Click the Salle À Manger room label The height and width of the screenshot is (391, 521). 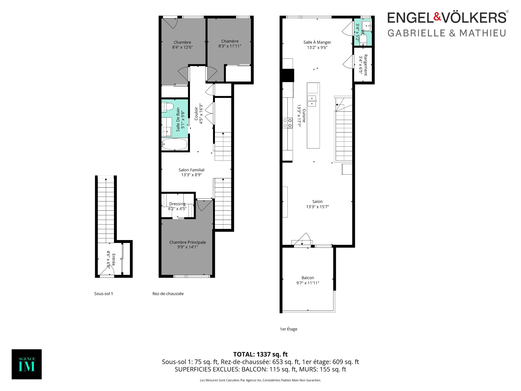(317, 42)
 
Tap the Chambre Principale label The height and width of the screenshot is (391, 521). (188, 242)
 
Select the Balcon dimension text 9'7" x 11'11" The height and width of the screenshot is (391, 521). (307, 283)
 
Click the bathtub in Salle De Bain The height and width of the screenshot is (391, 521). (174, 144)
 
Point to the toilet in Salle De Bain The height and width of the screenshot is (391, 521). (167, 107)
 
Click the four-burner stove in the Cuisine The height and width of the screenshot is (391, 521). (288, 123)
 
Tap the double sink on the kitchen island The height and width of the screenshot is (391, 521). (312, 101)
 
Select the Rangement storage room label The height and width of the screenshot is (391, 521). (366, 65)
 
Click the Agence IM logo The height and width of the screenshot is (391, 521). (27, 364)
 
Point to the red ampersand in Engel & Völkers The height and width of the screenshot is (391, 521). (437, 17)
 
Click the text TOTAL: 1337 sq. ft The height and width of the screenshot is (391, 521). (260, 354)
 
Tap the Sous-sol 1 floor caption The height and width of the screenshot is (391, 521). (103, 294)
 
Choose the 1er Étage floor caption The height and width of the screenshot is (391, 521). (288, 329)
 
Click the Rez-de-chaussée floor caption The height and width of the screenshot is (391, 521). (168, 294)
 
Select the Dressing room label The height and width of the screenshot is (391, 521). (177, 204)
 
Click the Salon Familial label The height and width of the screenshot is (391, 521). (191, 170)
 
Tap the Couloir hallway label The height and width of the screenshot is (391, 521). (196, 113)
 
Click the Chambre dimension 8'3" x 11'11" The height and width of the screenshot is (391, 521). (230, 46)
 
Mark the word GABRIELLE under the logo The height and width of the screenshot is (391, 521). (417, 33)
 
